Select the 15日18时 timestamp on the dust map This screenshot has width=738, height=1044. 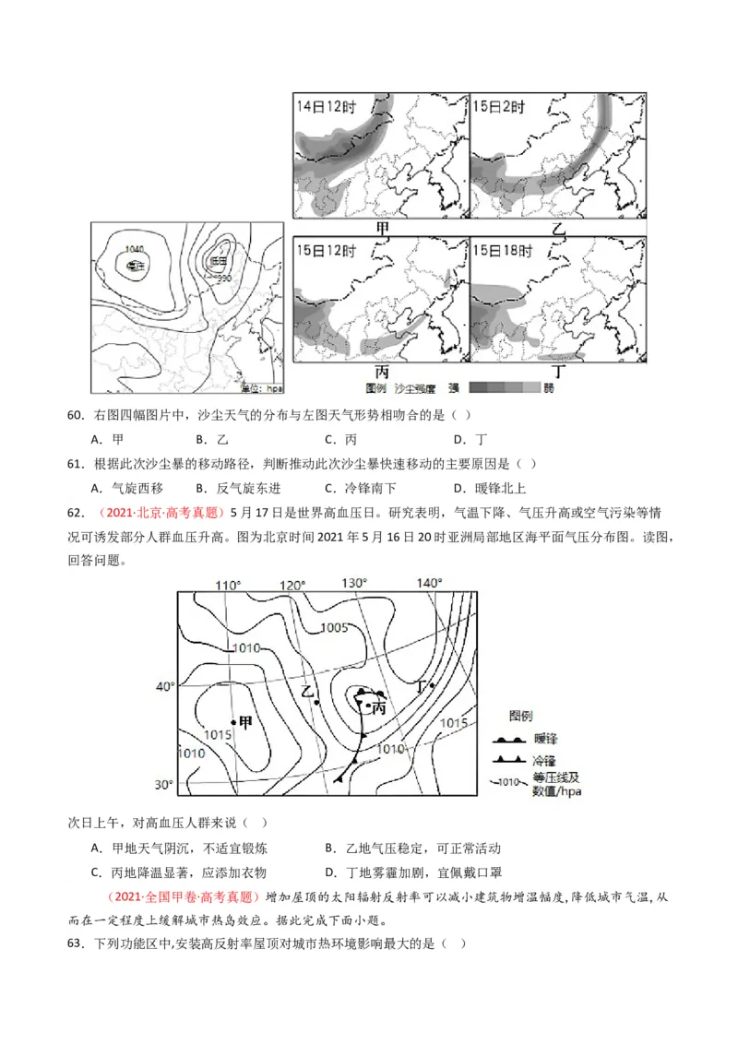(502, 250)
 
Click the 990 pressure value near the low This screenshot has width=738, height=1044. (223, 278)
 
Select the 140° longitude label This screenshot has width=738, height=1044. (429, 582)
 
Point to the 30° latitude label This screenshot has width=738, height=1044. (163, 785)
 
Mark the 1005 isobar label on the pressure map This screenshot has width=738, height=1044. (333, 629)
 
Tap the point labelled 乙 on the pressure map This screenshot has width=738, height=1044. (316, 703)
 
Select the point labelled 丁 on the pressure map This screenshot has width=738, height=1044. (432, 685)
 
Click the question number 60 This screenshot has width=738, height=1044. (77, 415)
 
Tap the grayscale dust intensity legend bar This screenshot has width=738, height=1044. (504, 388)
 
